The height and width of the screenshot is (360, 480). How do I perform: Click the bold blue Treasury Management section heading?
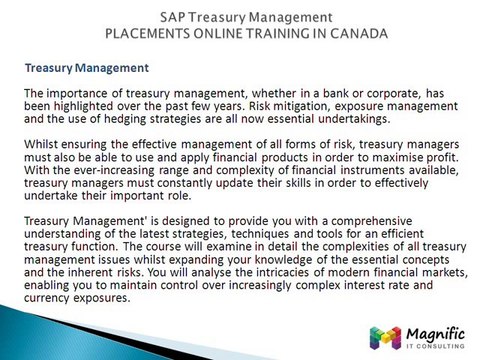[x=86, y=68]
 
